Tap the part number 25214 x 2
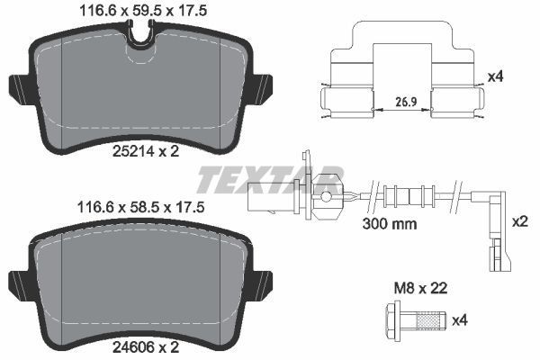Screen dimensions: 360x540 [145, 151]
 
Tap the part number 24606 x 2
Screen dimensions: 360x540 [145, 345]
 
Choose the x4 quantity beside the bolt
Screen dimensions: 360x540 [459, 319]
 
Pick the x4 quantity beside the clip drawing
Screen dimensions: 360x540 [493, 77]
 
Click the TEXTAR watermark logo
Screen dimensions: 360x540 [270, 179]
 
